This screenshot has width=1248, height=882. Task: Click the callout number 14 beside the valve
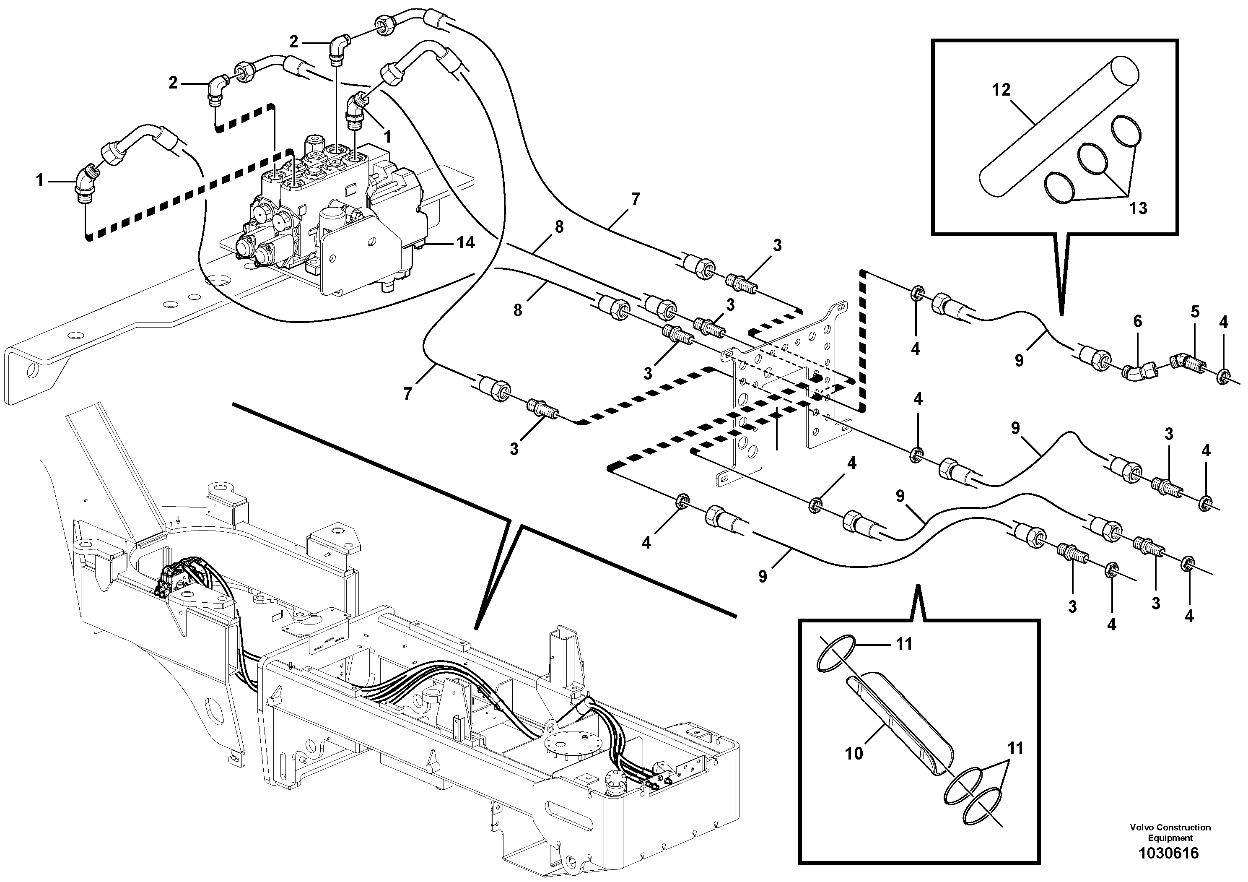click(465, 242)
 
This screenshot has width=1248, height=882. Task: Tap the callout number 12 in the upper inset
click(1001, 90)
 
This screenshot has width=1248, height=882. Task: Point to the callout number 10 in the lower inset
click(854, 754)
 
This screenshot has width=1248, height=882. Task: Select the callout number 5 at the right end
click(1195, 312)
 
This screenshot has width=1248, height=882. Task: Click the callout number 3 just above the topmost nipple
click(777, 245)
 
